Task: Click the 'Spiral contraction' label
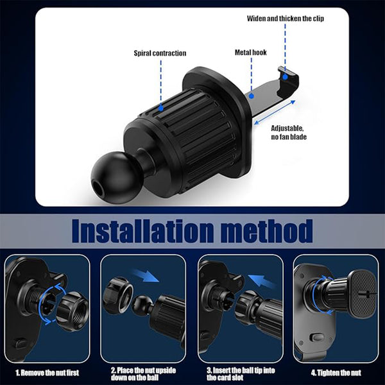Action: point(160,53)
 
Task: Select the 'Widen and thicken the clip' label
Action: point(286,19)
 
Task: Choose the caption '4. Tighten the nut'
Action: point(335,372)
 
